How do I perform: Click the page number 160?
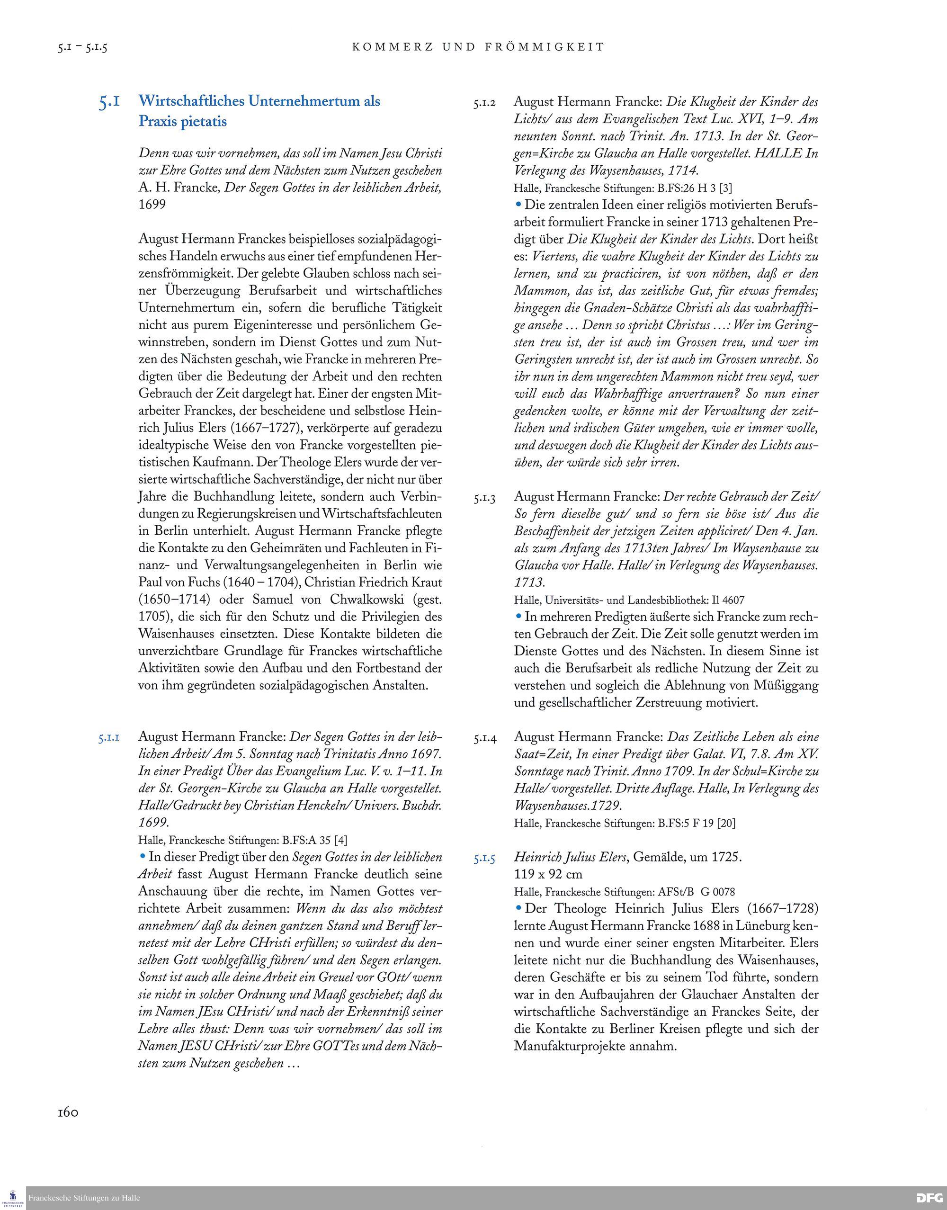(x=68, y=1112)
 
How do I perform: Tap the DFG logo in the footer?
(x=929, y=1197)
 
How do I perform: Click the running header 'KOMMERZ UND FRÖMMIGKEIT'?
(x=478, y=47)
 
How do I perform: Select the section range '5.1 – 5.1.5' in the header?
(x=82, y=48)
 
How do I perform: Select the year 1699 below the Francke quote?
(x=152, y=205)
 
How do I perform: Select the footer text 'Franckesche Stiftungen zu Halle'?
(x=84, y=1198)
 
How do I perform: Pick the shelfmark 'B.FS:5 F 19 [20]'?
(x=697, y=823)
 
